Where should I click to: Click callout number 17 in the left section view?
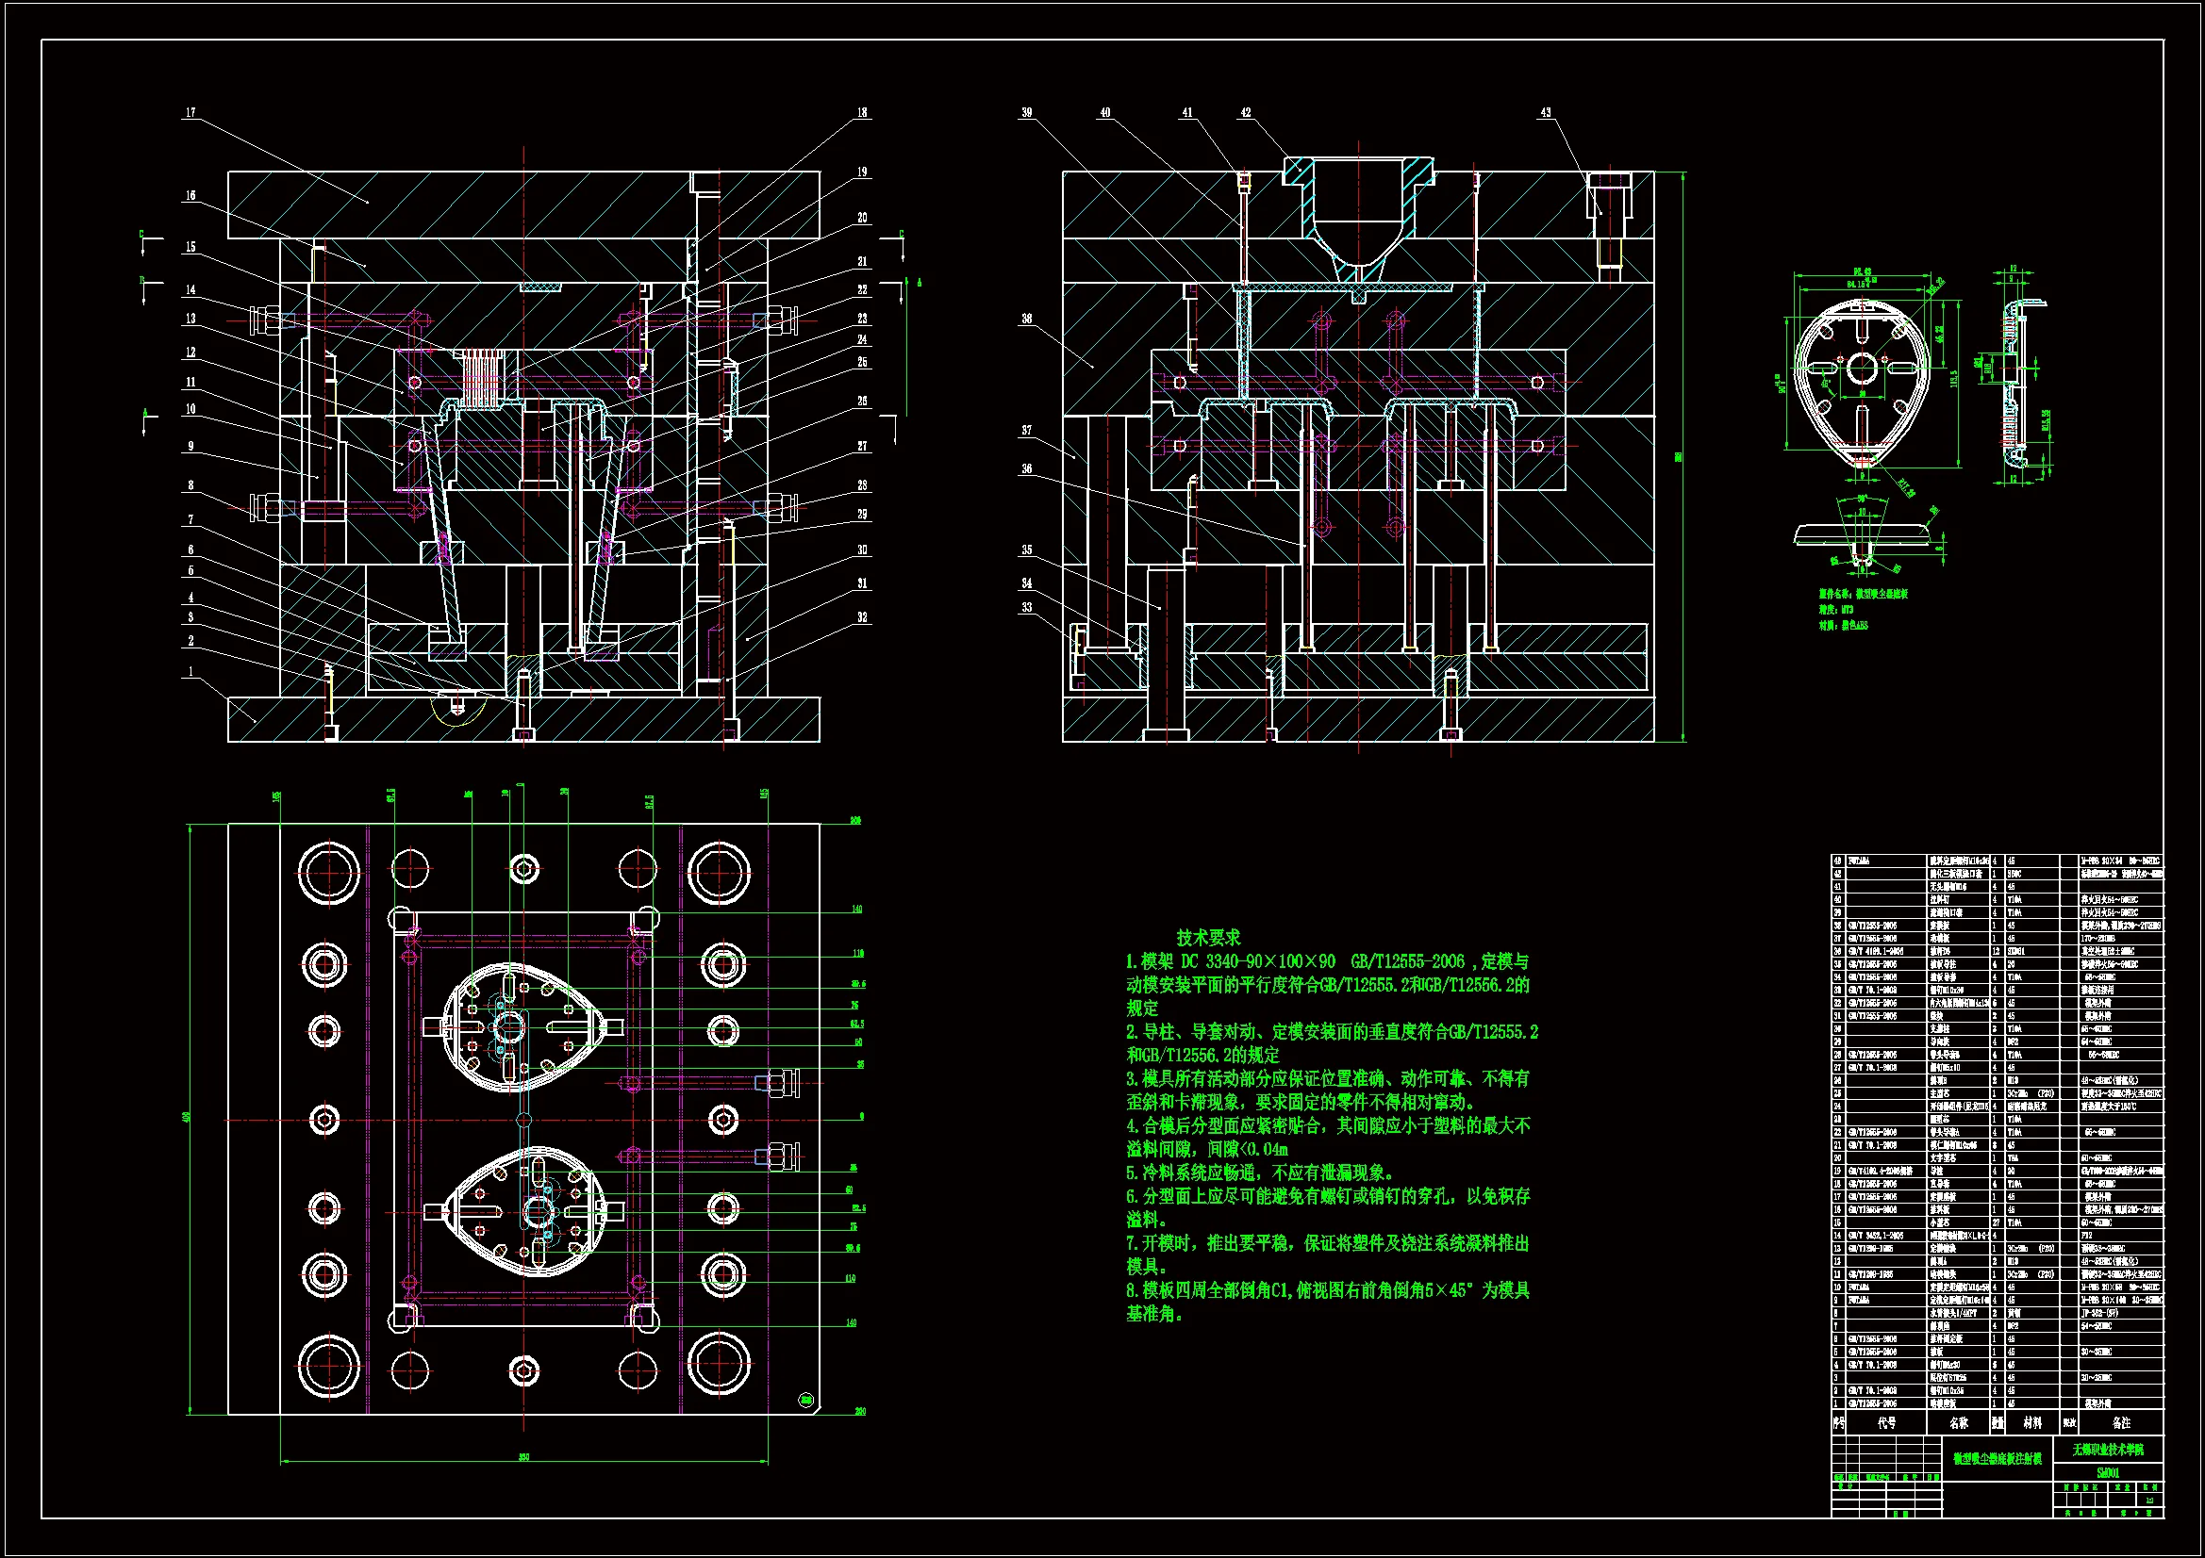[191, 113]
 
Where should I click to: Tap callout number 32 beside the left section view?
[862, 617]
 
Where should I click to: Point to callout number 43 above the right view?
[1545, 113]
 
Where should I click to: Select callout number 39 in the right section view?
[1027, 113]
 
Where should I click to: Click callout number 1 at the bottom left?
[191, 672]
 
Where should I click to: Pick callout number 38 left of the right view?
[1027, 319]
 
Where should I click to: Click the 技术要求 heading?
[1208, 938]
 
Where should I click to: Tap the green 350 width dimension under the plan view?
[524, 1457]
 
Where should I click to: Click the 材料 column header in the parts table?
[2032, 1422]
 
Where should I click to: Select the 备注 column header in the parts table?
[2121, 1422]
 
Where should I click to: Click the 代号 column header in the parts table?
[1887, 1422]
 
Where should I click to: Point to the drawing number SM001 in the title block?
[2107, 1472]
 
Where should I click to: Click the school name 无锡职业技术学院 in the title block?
[2107, 1450]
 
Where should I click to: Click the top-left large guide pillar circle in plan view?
[327, 874]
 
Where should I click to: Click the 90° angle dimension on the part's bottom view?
[1861, 500]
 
